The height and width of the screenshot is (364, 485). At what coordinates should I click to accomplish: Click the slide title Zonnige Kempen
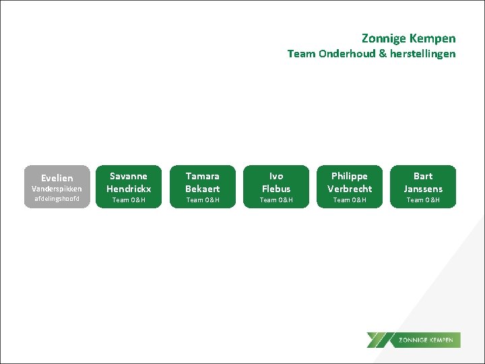click(408, 38)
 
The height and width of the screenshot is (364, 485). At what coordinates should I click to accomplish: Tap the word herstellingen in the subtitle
click(422, 53)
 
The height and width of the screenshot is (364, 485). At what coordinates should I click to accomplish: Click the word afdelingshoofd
click(57, 199)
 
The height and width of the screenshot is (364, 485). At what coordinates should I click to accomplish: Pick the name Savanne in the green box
click(129, 176)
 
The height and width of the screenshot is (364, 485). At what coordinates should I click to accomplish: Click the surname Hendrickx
click(129, 188)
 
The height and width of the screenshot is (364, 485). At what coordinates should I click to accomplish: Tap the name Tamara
click(203, 176)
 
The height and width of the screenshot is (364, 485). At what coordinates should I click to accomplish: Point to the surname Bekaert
click(203, 188)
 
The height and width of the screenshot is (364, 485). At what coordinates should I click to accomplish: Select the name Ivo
click(276, 176)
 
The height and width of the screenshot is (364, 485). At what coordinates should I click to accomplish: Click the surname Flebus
click(276, 188)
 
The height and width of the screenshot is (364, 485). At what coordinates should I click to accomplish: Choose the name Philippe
click(350, 176)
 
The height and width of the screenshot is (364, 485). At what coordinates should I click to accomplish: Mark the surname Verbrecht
click(350, 188)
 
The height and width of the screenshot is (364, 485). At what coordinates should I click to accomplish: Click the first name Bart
click(423, 176)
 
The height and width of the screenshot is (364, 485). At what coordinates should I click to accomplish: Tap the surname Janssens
click(423, 188)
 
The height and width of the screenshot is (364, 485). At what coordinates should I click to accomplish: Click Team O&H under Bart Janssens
click(423, 200)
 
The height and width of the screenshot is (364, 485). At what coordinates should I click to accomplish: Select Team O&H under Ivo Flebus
click(276, 200)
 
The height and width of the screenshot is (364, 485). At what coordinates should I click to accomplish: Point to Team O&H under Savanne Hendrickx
click(129, 200)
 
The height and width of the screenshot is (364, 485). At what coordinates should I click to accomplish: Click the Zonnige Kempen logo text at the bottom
click(426, 340)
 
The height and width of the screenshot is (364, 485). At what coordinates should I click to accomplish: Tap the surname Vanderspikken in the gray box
click(57, 189)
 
